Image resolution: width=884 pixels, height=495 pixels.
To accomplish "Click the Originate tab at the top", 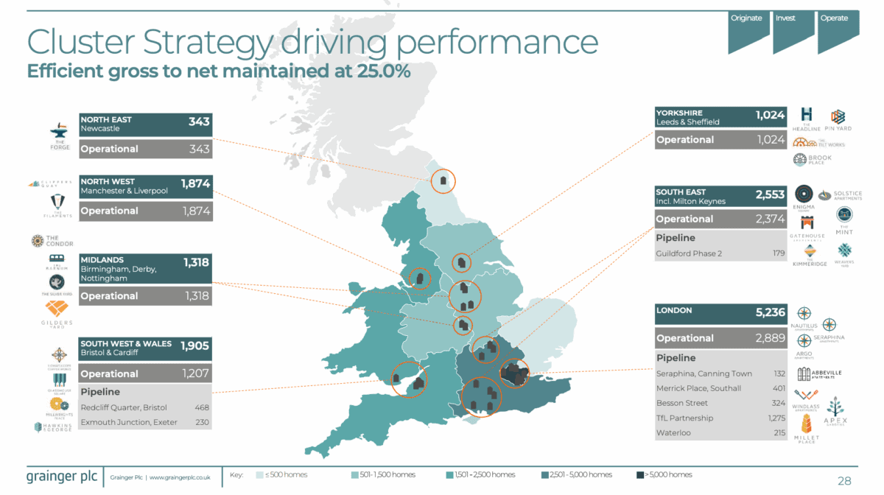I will coord(746,18).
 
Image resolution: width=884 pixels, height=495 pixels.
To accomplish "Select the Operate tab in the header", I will coord(835,18).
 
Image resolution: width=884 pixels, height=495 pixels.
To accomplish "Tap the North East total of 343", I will coord(199,120).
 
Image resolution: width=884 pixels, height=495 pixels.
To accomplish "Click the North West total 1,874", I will coord(195,184).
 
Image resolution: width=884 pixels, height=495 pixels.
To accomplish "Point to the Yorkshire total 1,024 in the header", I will coord(771,115).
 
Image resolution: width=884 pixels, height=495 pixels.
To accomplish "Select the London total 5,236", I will coord(771,312).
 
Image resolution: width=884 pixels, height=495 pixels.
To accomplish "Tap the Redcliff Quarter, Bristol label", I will coord(124,407).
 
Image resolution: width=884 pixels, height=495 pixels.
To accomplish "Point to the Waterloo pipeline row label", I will coord(673,433).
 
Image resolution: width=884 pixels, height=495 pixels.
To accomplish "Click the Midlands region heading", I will coord(102,260).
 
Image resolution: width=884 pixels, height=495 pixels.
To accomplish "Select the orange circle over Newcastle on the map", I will coord(443,180).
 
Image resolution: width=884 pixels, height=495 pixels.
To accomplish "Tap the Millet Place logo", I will coord(806,426).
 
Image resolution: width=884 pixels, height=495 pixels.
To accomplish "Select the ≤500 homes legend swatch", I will coord(261,474).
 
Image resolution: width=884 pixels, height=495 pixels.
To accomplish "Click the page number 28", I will coord(844,481).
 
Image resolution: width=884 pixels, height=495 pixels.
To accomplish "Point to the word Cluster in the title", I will coord(82,43).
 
